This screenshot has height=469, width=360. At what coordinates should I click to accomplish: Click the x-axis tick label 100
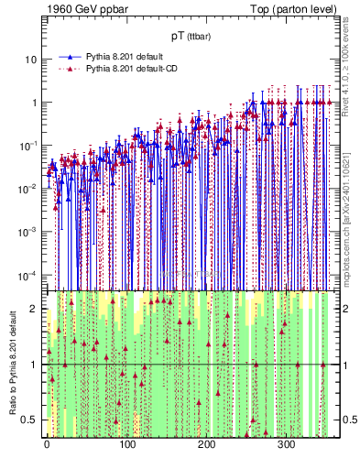tap(127, 446)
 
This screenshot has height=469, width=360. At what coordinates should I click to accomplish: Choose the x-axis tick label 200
tap(207, 446)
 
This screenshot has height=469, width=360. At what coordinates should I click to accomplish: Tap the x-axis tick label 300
tap(287, 446)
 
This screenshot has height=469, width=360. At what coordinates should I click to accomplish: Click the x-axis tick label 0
tap(48, 446)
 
